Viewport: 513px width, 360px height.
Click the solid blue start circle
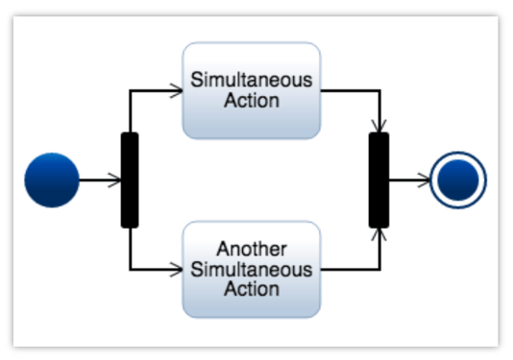click(x=51, y=180)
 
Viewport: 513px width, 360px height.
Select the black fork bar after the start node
click(x=130, y=180)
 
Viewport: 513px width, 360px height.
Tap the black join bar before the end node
click(x=379, y=180)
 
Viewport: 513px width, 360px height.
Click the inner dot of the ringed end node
click(x=459, y=180)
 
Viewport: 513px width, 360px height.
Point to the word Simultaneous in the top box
click(x=251, y=80)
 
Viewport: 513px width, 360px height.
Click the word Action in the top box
click(x=251, y=100)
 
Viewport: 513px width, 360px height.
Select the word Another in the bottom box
click(x=251, y=250)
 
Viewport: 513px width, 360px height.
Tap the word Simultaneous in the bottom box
click(x=251, y=270)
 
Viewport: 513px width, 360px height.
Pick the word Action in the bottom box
click(x=251, y=289)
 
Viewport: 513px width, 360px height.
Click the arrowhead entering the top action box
click(x=177, y=91)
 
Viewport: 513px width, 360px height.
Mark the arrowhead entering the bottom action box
click(x=177, y=270)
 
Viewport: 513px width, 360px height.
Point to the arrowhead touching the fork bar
click(x=115, y=180)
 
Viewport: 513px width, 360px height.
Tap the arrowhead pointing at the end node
click(x=425, y=180)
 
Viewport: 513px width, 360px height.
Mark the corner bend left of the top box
click(x=130, y=91)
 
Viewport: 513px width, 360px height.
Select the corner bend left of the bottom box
click(x=130, y=270)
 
